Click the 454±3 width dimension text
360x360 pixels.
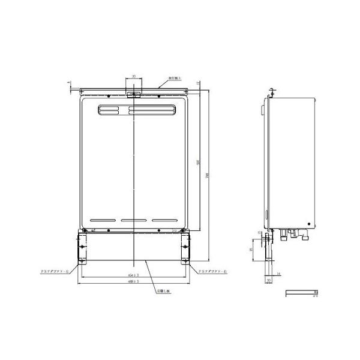[133, 275]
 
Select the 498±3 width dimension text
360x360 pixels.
[133, 281]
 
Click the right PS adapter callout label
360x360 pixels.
[211, 272]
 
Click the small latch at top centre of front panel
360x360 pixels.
[133, 94]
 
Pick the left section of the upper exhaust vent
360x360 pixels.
[112, 109]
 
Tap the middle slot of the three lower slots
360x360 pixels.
[133, 220]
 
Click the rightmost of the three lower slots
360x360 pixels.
[164, 220]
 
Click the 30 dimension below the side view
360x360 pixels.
[269, 280]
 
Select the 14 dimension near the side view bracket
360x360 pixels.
[279, 273]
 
